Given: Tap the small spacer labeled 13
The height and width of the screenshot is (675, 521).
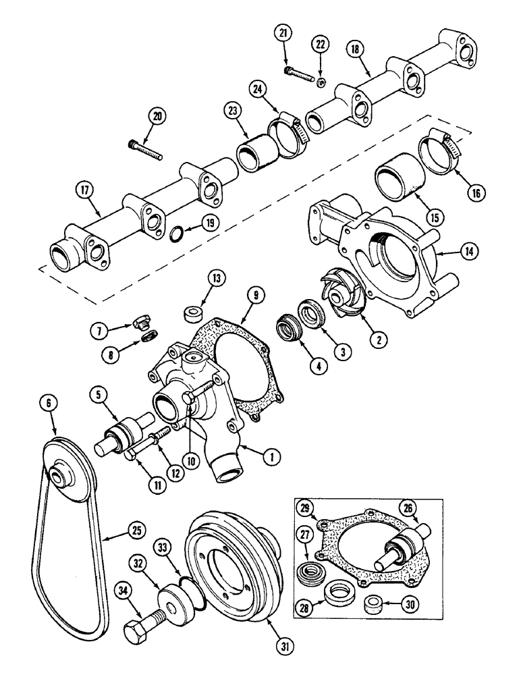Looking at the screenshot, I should click(193, 315).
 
